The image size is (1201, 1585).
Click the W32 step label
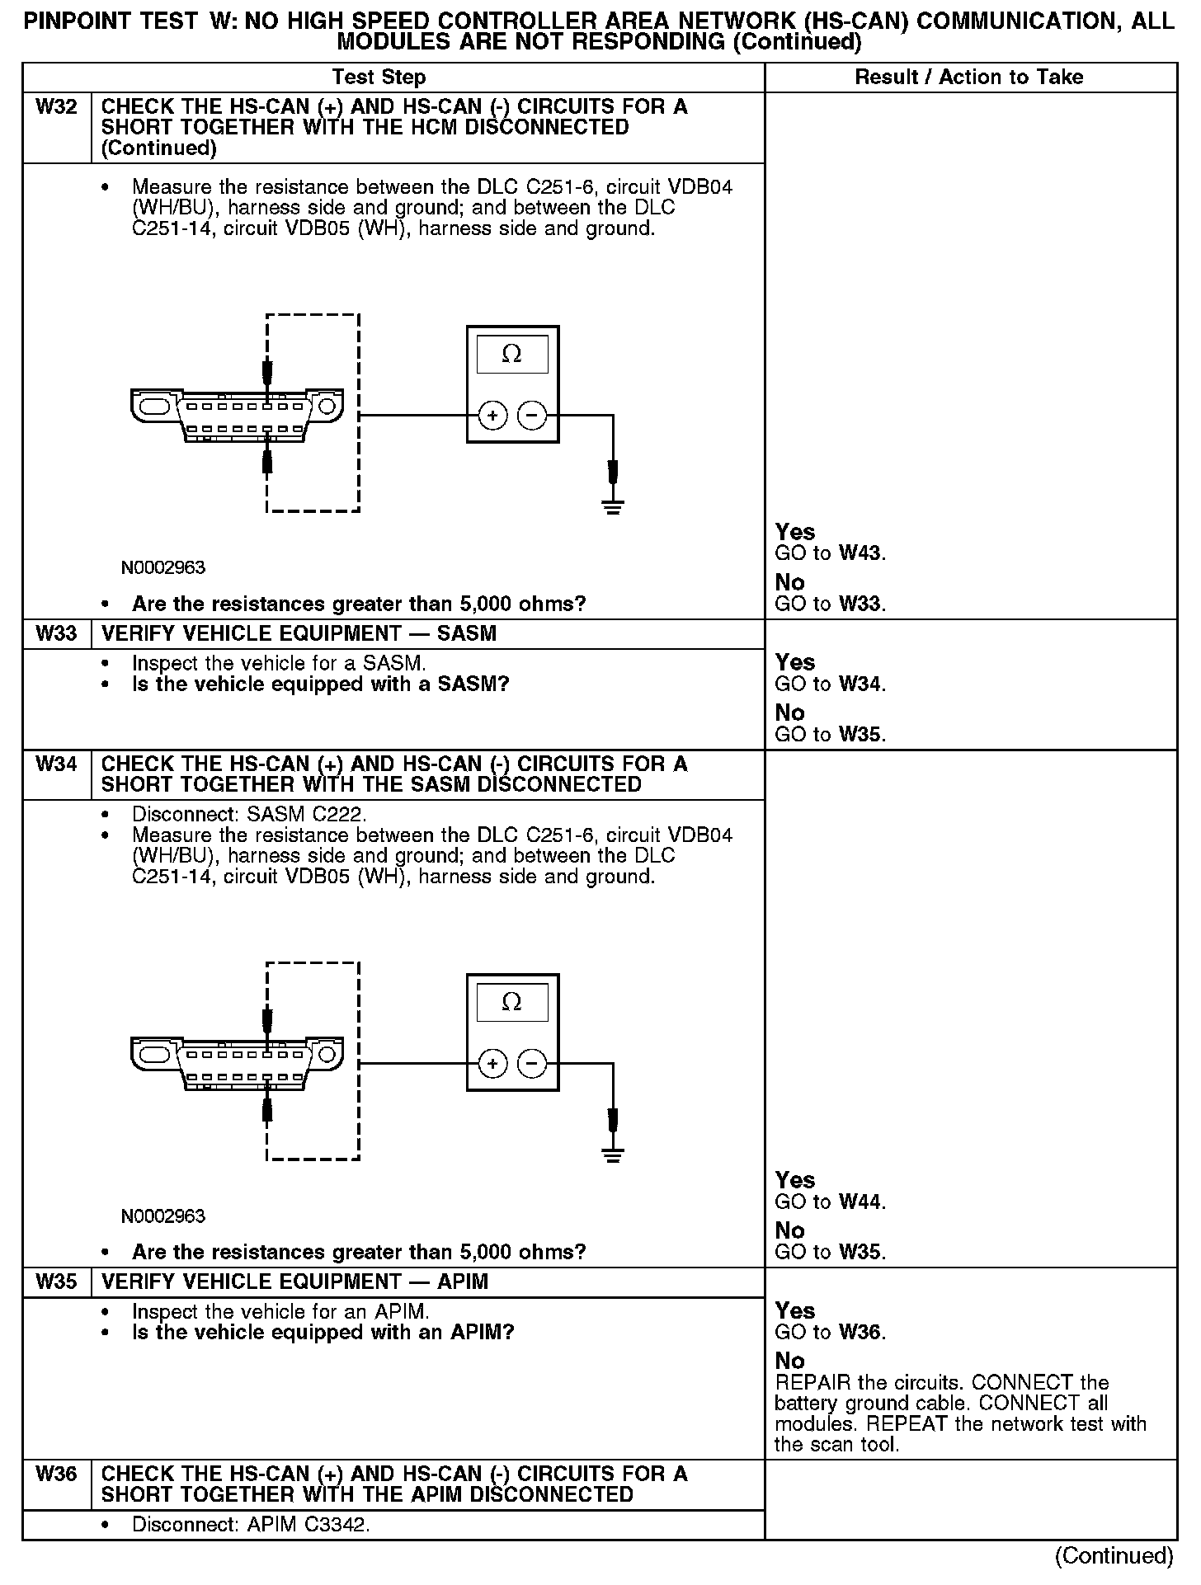point(56,107)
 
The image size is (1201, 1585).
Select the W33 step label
point(56,633)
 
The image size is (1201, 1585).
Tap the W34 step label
point(56,764)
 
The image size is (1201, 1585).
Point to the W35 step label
point(56,1282)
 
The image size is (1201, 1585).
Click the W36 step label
point(56,1474)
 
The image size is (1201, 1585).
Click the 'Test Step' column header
point(379,78)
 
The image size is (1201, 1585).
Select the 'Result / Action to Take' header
point(969,78)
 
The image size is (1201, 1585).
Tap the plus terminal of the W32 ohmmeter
point(492,416)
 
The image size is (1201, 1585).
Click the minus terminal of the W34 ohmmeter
point(532,1064)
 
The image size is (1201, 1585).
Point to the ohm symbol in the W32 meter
point(511,355)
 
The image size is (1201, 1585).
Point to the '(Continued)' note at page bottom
point(1114,1555)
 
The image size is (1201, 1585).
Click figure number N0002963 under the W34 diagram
point(162,1216)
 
